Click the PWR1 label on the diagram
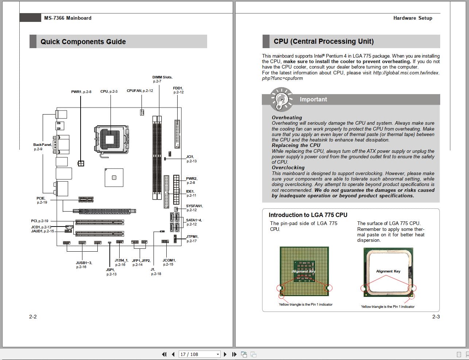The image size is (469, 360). click(81, 92)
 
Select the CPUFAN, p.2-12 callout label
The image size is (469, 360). click(140, 91)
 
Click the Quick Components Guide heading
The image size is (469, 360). click(83, 42)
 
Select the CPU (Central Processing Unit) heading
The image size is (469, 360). click(323, 42)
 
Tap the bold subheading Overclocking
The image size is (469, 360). click(288, 168)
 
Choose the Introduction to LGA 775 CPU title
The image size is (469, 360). click(308, 215)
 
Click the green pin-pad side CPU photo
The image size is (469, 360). click(305, 271)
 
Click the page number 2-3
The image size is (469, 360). click(436, 317)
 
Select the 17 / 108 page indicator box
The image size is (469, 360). click(199, 354)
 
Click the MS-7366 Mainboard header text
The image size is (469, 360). click(67, 18)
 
